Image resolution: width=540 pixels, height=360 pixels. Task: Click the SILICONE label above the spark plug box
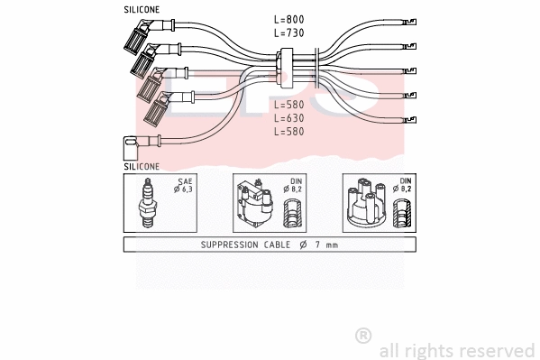pyautogui.click(x=142, y=167)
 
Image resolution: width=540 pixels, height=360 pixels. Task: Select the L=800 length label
pyautogui.click(x=289, y=19)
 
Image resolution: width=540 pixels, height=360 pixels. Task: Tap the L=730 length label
pyautogui.click(x=289, y=32)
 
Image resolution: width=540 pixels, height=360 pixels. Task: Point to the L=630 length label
pyautogui.click(x=289, y=118)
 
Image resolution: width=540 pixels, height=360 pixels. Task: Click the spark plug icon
pyautogui.click(x=146, y=202)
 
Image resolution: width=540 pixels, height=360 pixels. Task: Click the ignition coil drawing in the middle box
pyautogui.click(x=253, y=206)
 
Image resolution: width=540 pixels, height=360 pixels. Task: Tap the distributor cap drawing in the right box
pyautogui.click(x=366, y=206)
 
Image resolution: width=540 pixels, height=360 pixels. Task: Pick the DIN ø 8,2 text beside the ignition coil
pyautogui.click(x=294, y=185)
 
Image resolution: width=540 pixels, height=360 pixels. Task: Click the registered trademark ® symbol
pyautogui.click(x=363, y=336)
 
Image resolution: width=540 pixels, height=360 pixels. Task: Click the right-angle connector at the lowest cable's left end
pyautogui.click(x=128, y=143)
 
